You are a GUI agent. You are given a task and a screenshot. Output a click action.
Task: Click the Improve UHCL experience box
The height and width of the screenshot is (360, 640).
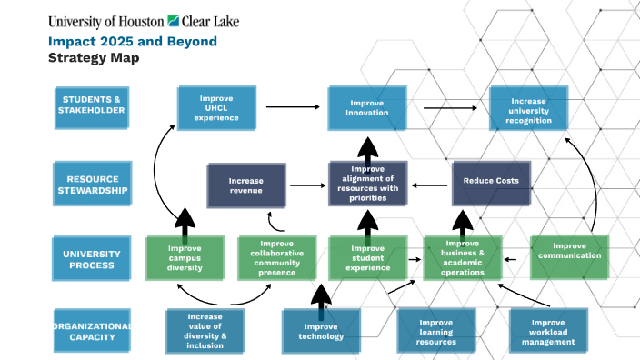coord(215,108)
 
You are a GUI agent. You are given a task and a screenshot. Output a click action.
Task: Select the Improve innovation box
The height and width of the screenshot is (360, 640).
coord(367,108)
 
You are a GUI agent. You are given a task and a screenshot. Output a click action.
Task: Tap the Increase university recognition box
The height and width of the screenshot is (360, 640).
coord(529,108)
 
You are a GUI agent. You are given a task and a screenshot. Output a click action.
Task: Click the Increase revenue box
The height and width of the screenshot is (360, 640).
coord(246,185)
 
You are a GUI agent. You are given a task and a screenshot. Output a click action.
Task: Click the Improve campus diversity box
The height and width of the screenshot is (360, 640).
coord(185,258)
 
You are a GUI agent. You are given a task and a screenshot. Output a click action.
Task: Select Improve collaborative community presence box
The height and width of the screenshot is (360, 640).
coord(276,258)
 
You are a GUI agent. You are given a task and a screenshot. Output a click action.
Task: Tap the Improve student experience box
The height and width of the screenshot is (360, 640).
coord(367,258)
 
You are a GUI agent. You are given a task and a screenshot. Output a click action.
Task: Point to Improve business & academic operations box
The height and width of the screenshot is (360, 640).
coord(463,258)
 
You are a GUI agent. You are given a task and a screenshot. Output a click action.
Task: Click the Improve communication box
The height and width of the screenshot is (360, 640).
coord(570,254)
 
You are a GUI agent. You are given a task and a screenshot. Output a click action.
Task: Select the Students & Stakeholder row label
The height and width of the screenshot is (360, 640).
coord(93,105)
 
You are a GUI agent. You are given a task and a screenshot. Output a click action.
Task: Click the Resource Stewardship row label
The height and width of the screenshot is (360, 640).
coord(93,184)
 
